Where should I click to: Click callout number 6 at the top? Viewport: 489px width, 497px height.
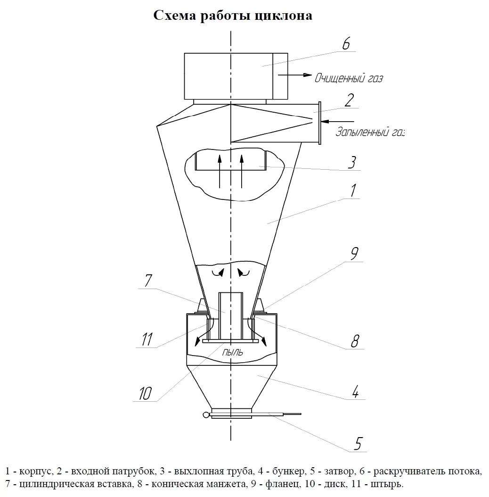(346, 44)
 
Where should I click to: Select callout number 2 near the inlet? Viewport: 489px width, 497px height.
(349, 100)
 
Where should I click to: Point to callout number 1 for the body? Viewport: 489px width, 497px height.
(352, 191)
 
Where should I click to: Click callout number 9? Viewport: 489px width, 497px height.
(354, 254)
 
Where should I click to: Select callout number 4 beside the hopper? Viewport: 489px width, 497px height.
(356, 391)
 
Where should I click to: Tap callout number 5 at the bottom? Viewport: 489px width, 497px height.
(358, 443)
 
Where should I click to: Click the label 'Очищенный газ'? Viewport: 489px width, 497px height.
(349, 78)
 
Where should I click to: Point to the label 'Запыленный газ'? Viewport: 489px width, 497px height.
(369, 132)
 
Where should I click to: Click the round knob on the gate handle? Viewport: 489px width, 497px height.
(206, 415)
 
